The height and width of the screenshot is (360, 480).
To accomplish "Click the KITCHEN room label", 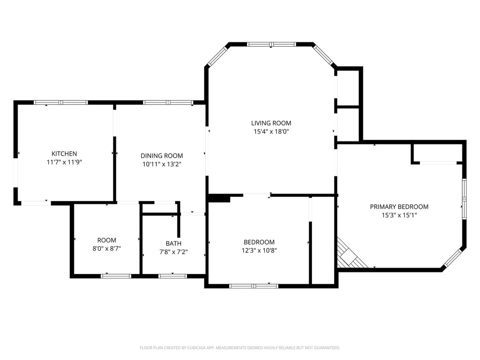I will point(64,154).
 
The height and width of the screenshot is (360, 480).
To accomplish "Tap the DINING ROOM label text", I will point(161,156).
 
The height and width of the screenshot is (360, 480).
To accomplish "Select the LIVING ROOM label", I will point(271,123).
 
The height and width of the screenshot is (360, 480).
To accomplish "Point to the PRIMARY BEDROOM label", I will point(399,207).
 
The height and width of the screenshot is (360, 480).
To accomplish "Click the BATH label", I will point(173,243).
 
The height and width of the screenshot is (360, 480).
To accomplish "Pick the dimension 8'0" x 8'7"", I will point(107,249).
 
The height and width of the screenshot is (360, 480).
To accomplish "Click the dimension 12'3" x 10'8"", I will point(259,250).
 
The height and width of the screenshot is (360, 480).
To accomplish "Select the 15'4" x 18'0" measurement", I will point(271,131).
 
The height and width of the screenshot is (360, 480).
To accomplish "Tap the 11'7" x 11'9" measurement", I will point(64,162).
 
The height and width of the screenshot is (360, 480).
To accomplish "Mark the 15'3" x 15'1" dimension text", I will point(399,215).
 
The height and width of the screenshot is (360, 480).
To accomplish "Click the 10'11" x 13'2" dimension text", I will point(161,164).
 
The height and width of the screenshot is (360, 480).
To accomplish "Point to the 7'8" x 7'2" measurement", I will point(173,252).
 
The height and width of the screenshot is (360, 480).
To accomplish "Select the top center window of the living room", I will point(271,44).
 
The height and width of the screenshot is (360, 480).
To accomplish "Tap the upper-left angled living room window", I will point(218,56).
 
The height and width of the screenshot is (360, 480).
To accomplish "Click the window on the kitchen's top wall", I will point(61,103).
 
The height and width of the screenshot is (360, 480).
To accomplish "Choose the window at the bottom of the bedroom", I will point(254,286).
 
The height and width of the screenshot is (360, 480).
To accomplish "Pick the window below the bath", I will point(172,276).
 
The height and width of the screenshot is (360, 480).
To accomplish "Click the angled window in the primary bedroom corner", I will point(453,257).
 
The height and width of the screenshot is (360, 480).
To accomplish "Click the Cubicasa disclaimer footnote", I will point(240,348).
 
